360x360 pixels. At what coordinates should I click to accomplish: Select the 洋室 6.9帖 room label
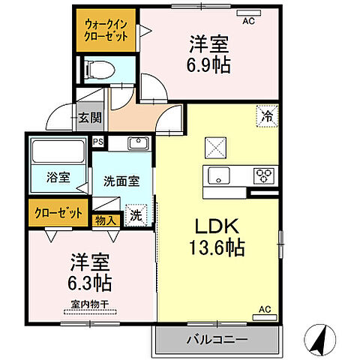point(209,54)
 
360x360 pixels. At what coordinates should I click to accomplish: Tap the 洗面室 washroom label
point(121,181)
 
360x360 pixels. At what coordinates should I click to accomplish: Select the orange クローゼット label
point(58,213)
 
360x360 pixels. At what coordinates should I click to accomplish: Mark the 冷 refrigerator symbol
point(267,115)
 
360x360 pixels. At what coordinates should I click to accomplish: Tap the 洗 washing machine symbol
point(136,214)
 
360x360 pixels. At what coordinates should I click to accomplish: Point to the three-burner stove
point(265,175)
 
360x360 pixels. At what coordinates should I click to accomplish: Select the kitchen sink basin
point(219,176)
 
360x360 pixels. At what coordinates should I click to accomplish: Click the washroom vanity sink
point(136,142)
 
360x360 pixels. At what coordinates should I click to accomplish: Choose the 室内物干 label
point(90,305)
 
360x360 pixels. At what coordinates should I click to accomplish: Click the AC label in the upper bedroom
point(248,20)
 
